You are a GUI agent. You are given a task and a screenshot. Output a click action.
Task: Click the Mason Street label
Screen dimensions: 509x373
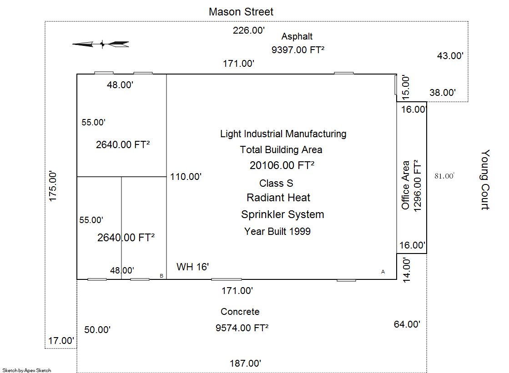tap(241, 12)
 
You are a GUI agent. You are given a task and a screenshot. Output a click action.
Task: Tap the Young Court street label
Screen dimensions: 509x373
tap(485, 180)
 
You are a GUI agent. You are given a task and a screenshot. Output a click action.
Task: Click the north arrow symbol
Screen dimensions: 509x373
tap(101, 44)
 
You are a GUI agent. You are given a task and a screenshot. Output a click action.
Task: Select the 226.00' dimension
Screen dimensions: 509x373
tap(249, 30)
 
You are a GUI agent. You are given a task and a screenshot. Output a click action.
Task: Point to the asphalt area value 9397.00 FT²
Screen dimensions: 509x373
tap(298, 50)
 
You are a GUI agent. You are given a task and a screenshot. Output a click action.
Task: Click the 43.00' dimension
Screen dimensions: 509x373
tap(450, 56)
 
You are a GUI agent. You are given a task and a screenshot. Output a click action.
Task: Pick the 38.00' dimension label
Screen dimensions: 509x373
tap(443, 93)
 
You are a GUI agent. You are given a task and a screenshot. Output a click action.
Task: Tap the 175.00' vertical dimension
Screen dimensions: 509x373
tap(53, 186)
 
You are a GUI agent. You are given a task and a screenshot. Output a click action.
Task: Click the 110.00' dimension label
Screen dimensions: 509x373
tap(186, 177)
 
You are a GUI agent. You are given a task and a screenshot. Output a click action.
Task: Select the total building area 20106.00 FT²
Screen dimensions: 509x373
tap(282, 165)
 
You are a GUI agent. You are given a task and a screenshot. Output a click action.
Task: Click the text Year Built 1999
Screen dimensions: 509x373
tap(277, 232)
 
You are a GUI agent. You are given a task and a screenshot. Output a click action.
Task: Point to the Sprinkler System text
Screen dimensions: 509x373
tap(282, 214)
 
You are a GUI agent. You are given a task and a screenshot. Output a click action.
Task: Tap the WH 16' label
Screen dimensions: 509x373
tap(192, 267)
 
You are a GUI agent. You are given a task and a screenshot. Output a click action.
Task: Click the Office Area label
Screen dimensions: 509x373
tap(405, 185)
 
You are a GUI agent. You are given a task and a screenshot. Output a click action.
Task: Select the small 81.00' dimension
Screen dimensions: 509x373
tap(444, 176)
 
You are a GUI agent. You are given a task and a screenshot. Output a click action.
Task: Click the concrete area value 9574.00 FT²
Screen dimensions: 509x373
tap(242, 328)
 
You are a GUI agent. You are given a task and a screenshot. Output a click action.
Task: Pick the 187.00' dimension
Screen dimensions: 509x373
tap(246, 363)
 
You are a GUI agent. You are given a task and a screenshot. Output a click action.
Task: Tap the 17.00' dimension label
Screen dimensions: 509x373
tap(61, 341)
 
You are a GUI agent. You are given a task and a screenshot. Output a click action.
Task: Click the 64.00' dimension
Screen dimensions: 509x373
tap(407, 324)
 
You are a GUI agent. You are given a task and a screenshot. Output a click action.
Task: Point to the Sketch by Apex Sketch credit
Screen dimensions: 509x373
tap(27, 370)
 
